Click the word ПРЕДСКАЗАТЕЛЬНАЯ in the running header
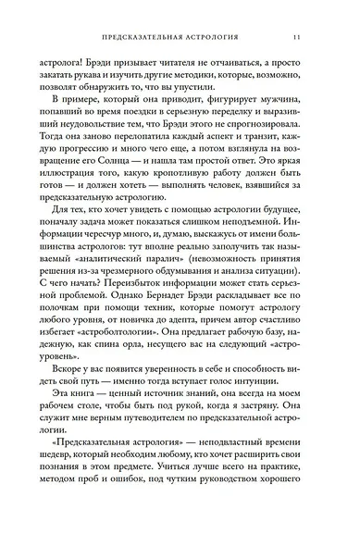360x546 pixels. pos(137,38)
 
